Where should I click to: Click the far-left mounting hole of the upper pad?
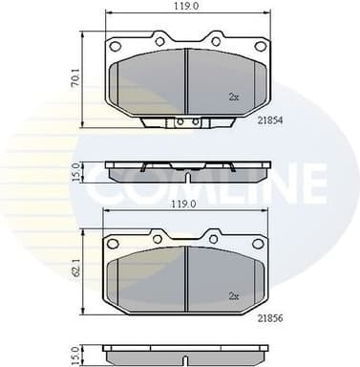(116, 45)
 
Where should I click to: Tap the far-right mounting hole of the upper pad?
(258, 45)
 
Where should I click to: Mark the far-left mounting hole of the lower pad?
(116, 243)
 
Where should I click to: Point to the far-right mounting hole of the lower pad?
(258, 243)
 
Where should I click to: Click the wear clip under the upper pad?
(186, 122)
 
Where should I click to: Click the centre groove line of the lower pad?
(187, 277)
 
